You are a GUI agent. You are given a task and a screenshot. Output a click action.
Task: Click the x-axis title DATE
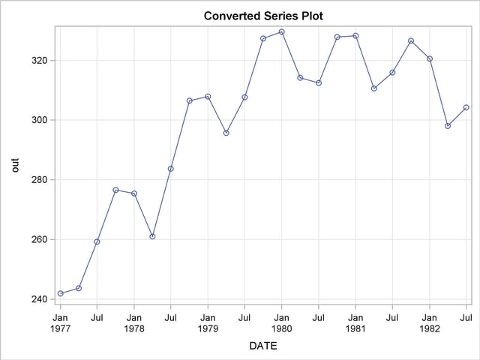[263, 346]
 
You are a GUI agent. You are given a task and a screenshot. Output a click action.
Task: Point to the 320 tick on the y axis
[40, 61]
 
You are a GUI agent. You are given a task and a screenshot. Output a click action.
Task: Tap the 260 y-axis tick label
[40, 240]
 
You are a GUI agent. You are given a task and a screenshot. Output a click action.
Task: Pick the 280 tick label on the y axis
[40, 180]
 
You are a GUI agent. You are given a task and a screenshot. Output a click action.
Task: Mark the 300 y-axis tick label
[40, 120]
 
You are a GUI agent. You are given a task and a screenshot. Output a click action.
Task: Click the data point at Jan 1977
[60, 293]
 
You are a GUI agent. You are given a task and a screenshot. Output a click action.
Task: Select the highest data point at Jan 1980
[281, 31]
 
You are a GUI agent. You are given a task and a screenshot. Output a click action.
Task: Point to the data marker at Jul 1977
[97, 241]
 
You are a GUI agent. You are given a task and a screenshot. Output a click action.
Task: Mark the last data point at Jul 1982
[466, 107]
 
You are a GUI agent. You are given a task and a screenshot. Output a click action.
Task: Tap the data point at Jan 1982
[429, 58]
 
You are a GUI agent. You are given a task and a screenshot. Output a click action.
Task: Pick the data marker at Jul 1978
[170, 169]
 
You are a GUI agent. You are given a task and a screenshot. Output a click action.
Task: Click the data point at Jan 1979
[208, 97]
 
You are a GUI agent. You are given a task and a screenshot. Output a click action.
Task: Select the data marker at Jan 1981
[355, 36]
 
